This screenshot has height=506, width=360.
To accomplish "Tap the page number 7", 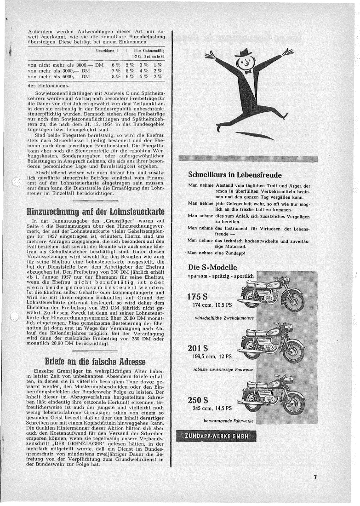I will [x=316, y=477].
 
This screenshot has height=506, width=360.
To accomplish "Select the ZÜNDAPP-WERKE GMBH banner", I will [x=217, y=436].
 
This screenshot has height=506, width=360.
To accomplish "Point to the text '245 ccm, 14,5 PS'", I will [x=212, y=408].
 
